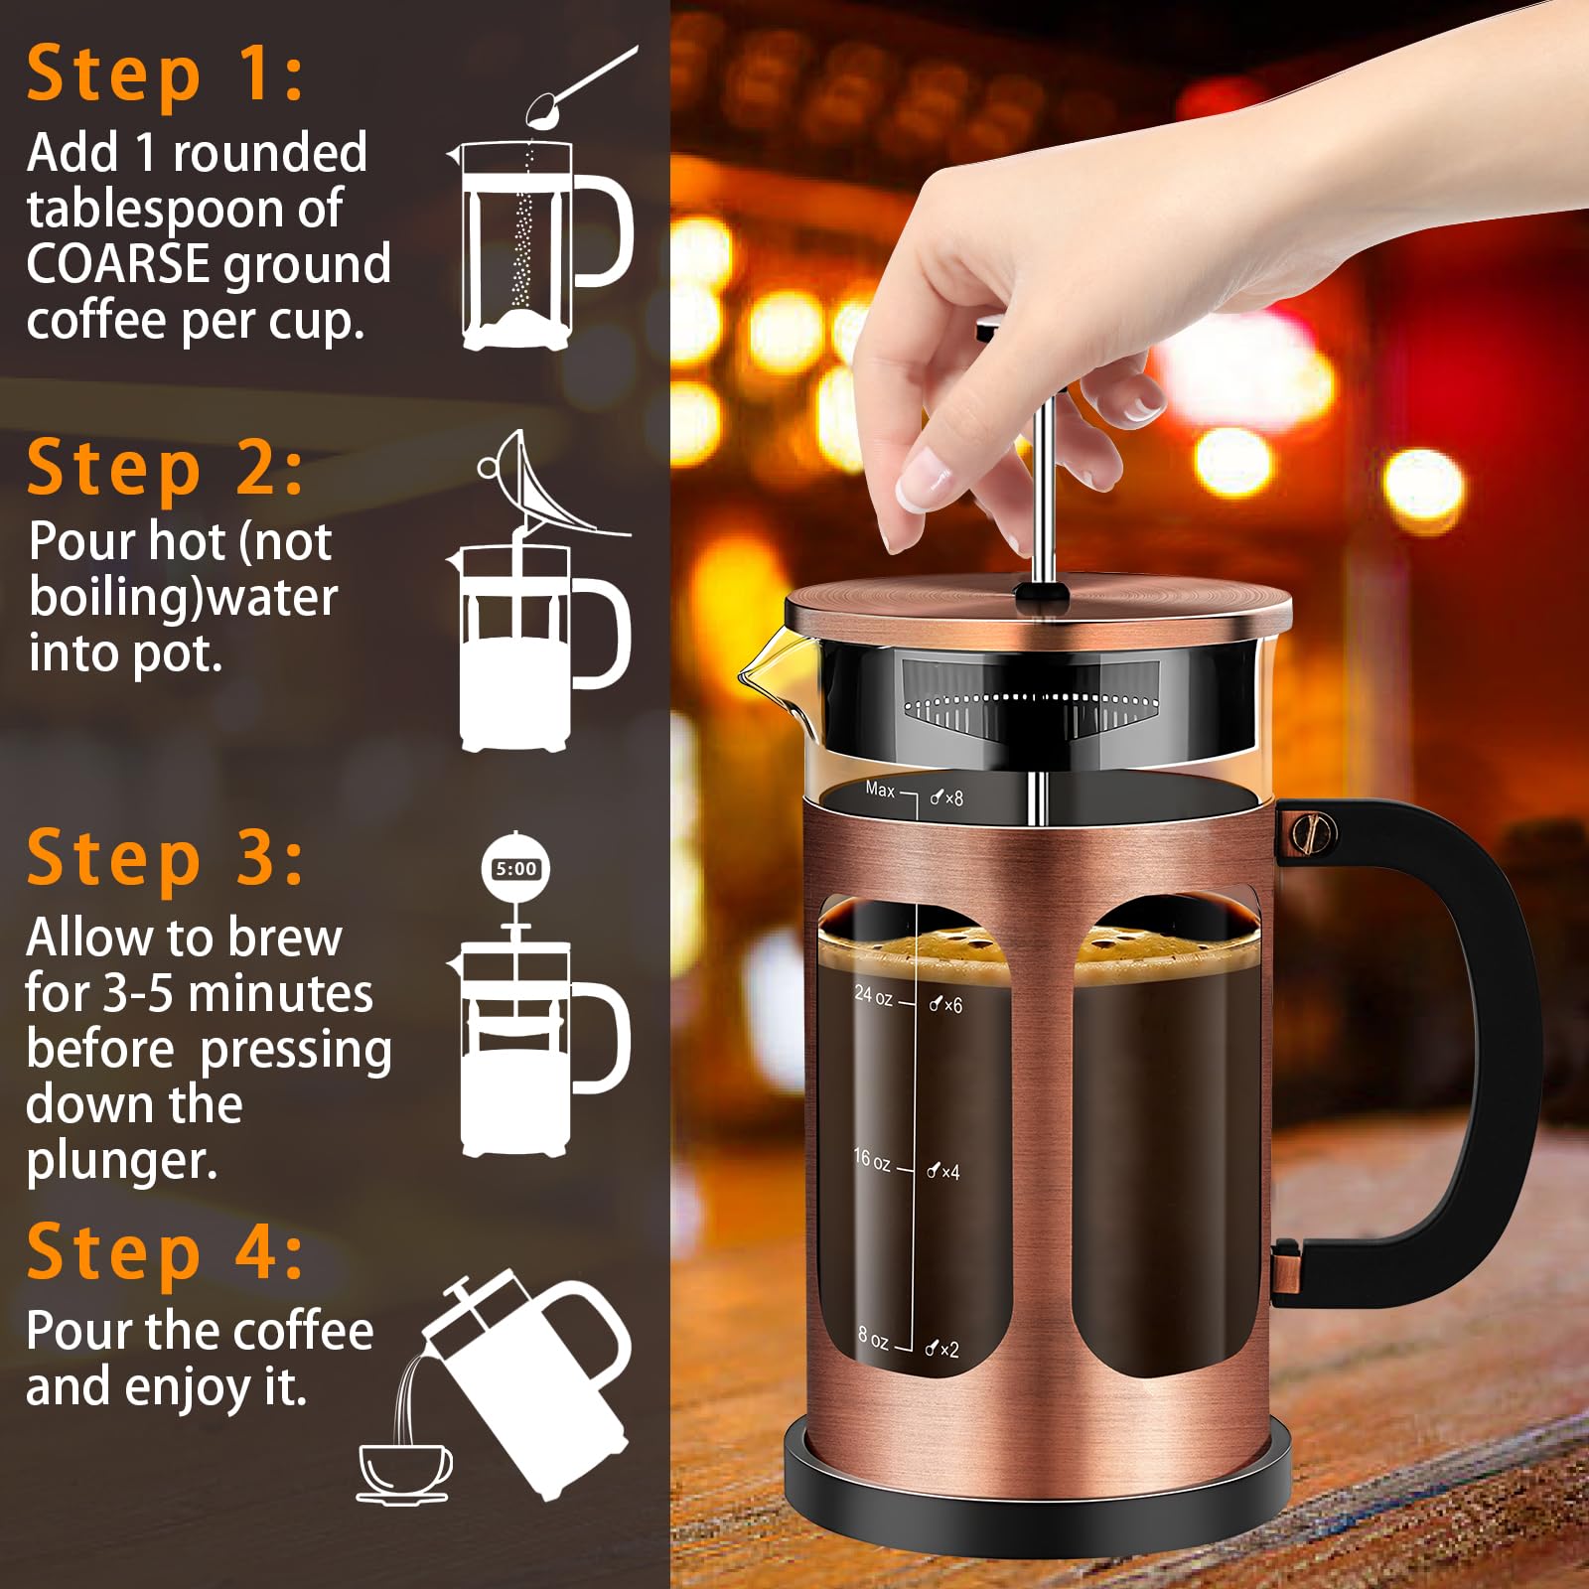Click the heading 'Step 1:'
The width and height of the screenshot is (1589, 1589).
point(165,74)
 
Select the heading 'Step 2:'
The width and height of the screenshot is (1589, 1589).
point(165,469)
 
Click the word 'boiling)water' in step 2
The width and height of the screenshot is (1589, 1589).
point(184,597)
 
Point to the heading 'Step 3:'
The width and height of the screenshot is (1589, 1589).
point(165,858)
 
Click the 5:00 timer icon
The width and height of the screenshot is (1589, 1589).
point(515,869)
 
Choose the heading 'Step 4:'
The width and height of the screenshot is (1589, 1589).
point(165,1252)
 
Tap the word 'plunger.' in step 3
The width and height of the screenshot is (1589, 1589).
point(121,1160)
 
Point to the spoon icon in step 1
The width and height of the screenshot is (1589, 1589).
point(576,87)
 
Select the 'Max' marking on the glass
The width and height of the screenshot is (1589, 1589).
point(880,790)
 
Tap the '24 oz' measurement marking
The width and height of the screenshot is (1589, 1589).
point(873,994)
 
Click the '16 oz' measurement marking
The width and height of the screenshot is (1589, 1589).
point(871,1159)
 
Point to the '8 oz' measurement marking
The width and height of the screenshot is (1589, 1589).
point(873,1339)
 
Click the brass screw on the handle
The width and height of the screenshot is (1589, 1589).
point(1314,832)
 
